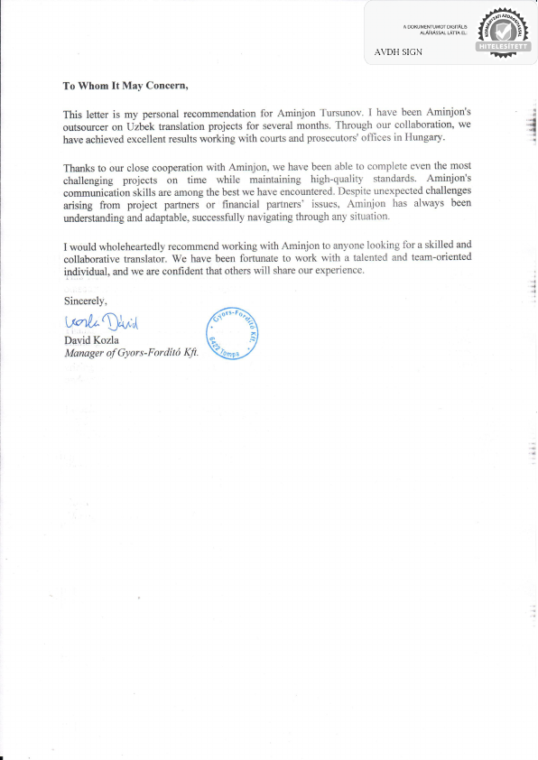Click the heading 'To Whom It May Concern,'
(x=125, y=87)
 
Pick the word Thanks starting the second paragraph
(x=80, y=169)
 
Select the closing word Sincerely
(x=85, y=301)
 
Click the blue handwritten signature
(x=101, y=323)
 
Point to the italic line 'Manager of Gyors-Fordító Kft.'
(x=130, y=353)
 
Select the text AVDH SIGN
(x=399, y=52)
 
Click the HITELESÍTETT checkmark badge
(x=501, y=36)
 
